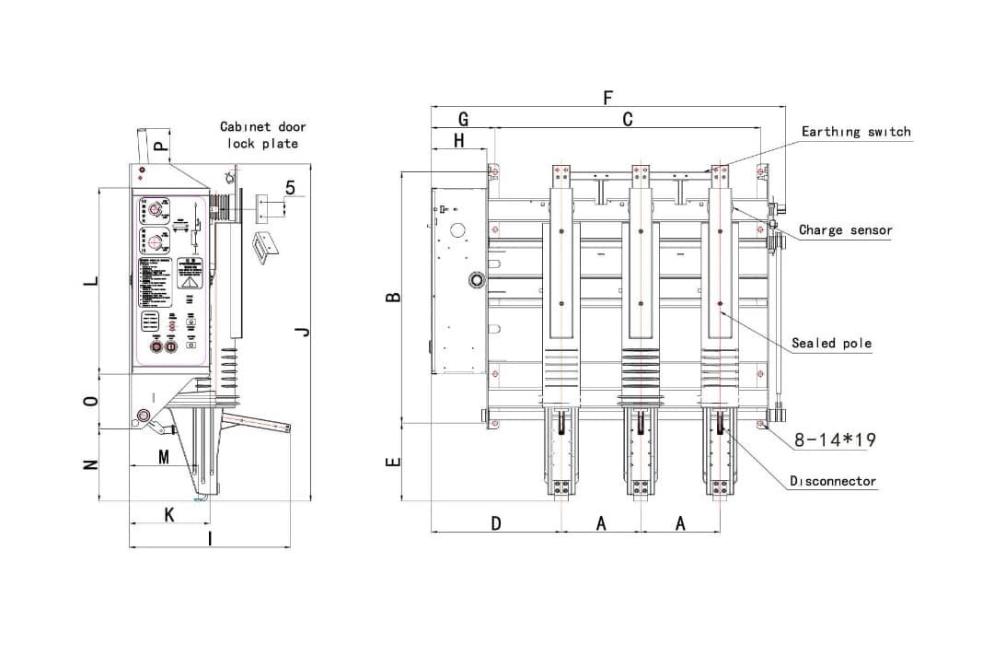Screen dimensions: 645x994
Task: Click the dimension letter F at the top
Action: tap(607, 97)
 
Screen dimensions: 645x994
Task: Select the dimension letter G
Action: tap(463, 120)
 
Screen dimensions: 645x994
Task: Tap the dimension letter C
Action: tap(628, 120)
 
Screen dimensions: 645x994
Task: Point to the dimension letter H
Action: tap(458, 141)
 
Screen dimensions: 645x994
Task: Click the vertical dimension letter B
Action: tap(393, 298)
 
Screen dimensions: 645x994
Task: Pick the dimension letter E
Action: tap(393, 462)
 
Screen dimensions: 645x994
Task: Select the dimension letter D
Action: tap(495, 523)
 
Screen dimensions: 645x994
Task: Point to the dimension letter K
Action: tap(169, 515)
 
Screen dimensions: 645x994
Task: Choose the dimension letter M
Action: tap(164, 457)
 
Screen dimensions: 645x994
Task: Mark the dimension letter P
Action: tap(160, 145)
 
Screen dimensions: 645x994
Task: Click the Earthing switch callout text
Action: tap(855, 132)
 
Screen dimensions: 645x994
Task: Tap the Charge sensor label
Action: tap(845, 230)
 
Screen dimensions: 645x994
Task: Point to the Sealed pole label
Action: tap(831, 343)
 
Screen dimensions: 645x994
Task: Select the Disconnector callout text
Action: tap(833, 481)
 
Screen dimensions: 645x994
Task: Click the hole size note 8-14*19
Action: tap(835, 440)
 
